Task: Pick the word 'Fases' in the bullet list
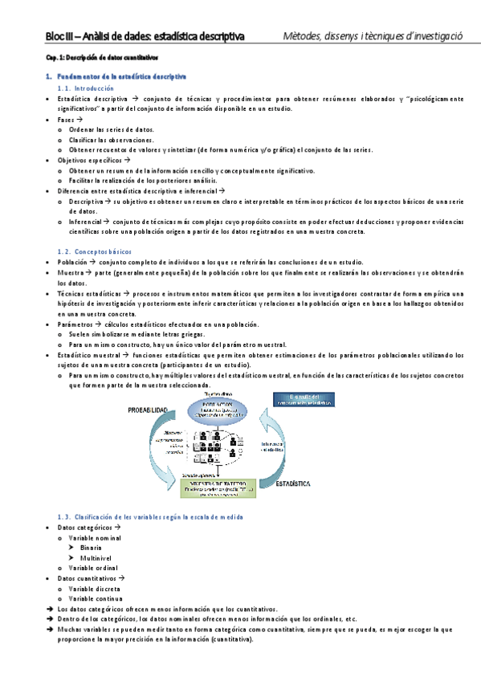[x=67, y=119]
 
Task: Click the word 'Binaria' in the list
[x=91, y=547]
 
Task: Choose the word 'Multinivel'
[x=96, y=557]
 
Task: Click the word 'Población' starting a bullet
[x=71, y=263]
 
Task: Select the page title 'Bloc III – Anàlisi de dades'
[x=145, y=36]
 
